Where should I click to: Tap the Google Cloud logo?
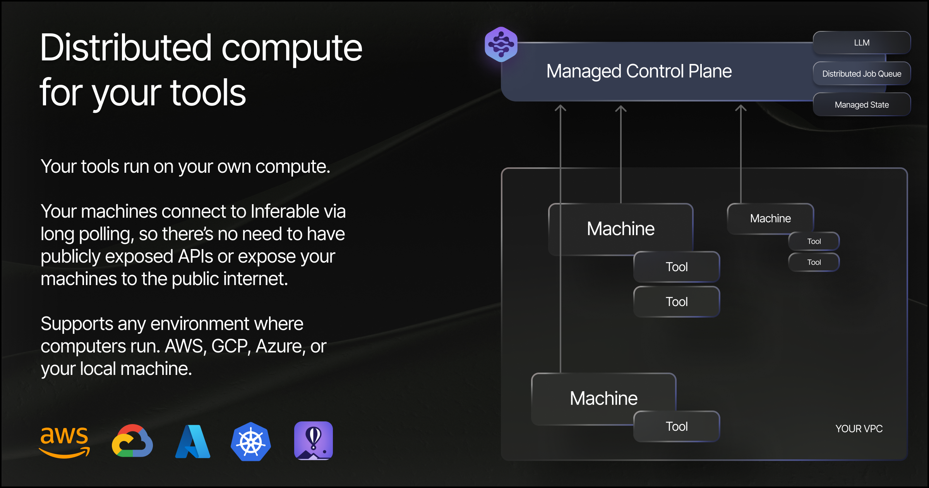click(x=132, y=442)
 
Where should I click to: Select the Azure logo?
click(x=193, y=442)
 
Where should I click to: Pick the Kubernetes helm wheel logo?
click(x=251, y=442)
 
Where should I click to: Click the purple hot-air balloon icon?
click(x=314, y=441)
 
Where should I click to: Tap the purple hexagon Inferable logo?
click(x=501, y=45)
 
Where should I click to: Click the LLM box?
click(x=862, y=43)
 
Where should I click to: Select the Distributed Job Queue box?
click(x=862, y=74)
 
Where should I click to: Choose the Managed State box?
click(x=862, y=105)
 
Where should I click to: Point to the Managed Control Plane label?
click(x=639, y=71)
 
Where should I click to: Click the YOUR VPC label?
click(x=859, y=429)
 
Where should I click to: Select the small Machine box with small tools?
click(x=770, y=218)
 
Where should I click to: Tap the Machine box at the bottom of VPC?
click(x=603, y=398)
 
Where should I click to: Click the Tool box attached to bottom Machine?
click(x=677, y=426)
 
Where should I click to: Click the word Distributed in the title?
click(x=126, y=48)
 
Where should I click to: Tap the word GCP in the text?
click(x=229, y=346)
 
